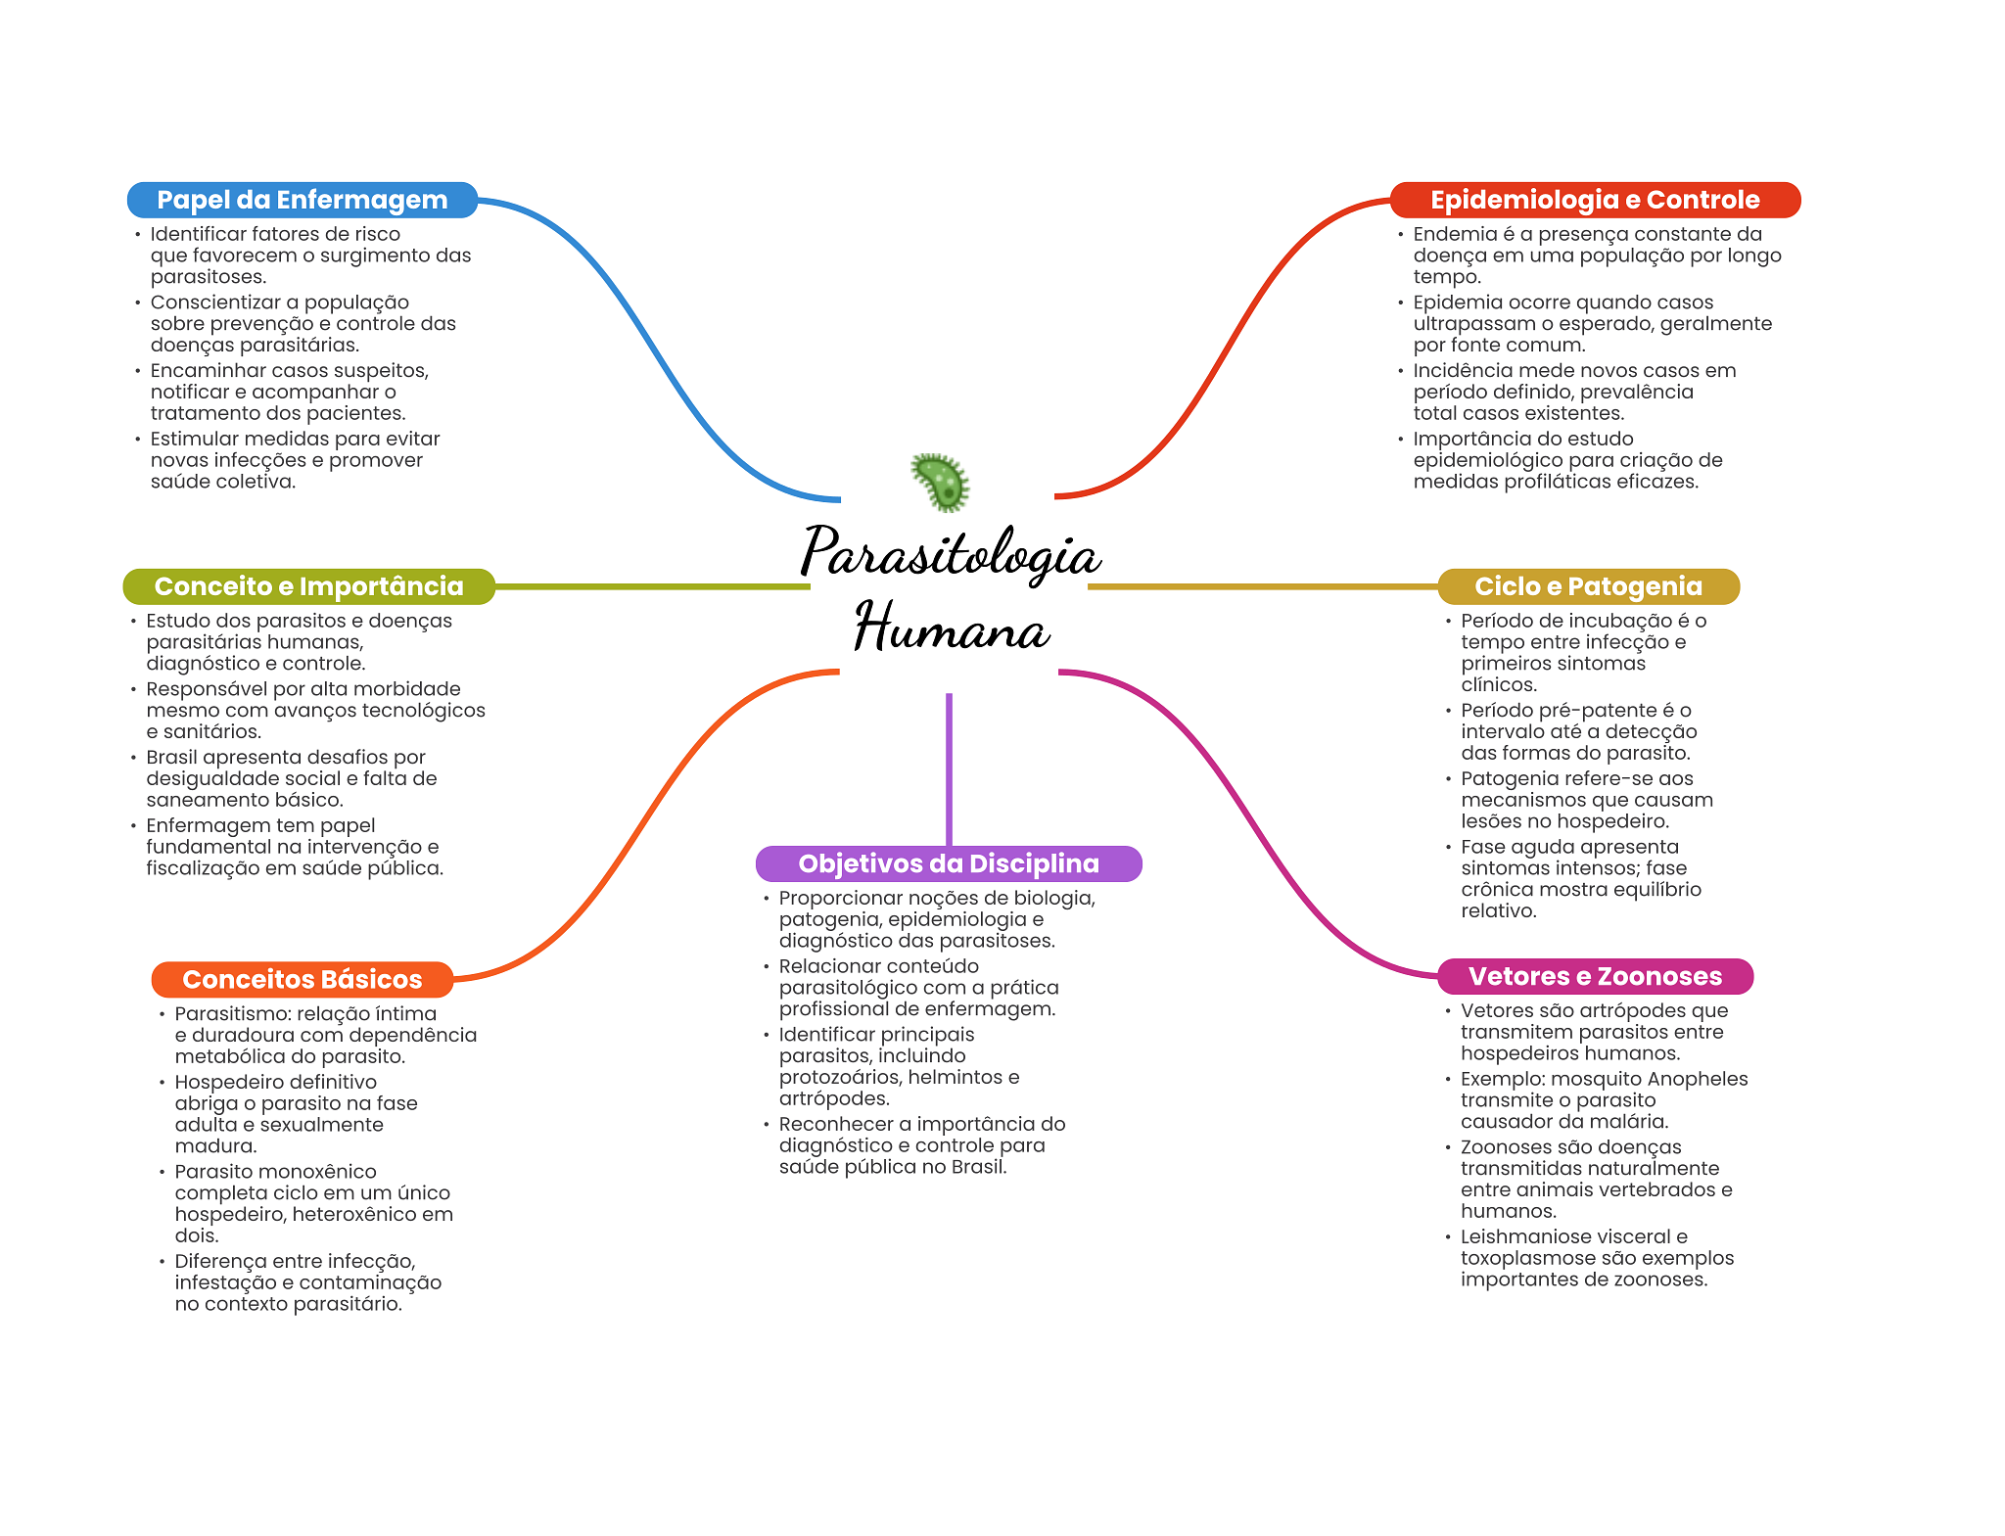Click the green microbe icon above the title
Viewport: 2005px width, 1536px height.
coord(941,482)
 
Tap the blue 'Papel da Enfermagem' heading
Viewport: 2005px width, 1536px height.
coord(302,200)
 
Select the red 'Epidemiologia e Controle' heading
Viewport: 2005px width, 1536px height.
coord(1595,200)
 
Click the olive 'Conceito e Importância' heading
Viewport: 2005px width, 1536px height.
coord(308,586)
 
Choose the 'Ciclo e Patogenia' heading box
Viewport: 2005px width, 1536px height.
coord(1588,586)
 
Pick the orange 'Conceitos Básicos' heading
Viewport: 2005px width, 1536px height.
coord(302,979)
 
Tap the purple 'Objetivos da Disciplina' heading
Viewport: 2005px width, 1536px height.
coord(949,863)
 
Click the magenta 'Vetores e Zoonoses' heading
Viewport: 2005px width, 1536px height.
coord(1595,976)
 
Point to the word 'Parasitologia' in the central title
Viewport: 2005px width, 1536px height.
coord(951,554)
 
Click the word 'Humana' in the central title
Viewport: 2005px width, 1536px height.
coord(951,628)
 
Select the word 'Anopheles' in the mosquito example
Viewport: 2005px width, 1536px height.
coord(1698,1079)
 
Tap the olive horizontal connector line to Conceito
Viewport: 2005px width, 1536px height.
coord(652,586)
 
